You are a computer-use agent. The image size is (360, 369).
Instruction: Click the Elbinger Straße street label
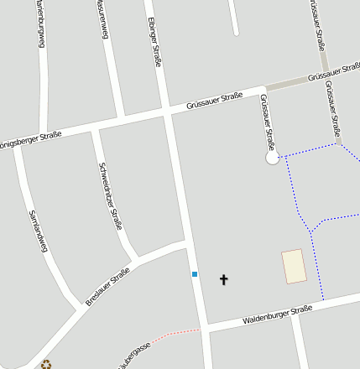[x=154, y=42]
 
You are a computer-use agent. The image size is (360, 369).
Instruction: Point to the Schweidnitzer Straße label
[x=110, y=195]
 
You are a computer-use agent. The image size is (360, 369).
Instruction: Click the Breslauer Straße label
[x=107, y=286]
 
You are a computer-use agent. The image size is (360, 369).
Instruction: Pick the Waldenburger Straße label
[x=277, y=315]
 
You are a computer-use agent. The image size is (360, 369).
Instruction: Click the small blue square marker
[x=195, y=274]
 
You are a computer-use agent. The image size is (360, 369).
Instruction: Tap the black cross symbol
[x=224, y=279]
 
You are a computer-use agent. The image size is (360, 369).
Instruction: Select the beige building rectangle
[x=294, y=266]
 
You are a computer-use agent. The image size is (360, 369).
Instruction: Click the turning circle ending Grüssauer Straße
[x=272, y=158]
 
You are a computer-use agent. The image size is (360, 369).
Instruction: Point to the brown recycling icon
[x=46, y=364]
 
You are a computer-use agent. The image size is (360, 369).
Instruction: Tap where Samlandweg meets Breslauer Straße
[x=81, y=309]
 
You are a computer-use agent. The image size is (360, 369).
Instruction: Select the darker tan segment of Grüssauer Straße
[x=286, y=84]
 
